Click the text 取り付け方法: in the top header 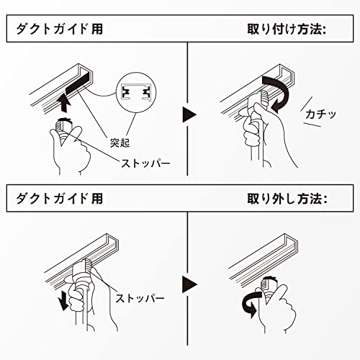tap(287, 30)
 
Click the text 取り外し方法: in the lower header tap(287, 199)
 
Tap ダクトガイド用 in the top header tap(60, 30)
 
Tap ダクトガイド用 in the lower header tap(60, 199)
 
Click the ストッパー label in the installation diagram tap(145, 163)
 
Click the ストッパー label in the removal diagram tap(140, 298)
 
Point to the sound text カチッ tap(321, 114)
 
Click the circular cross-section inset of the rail tap(136, 92)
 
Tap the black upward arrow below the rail tap(63, 103)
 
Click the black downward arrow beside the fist tap(63, 300)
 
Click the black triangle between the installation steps tap(189, 114)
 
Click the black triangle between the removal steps tap(189, 284)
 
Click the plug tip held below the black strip tap(63, 124)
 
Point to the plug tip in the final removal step tap(269, 283)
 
